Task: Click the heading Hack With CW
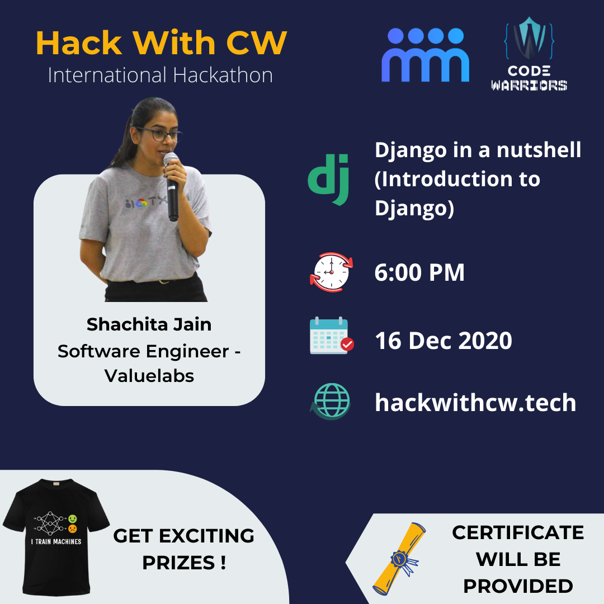coord(161,44)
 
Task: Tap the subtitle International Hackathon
coord(160,75)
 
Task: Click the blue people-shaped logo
coord(425,55)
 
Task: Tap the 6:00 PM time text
coord(419,272)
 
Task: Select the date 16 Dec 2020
coord(443,341)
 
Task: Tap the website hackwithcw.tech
coord(475,402)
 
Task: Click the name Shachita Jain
coord(149,324)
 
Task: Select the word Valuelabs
coord(149,376)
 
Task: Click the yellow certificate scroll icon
coord(399,558)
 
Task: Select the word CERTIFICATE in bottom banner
coord(518,532)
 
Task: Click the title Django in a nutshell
coord(478,150)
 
